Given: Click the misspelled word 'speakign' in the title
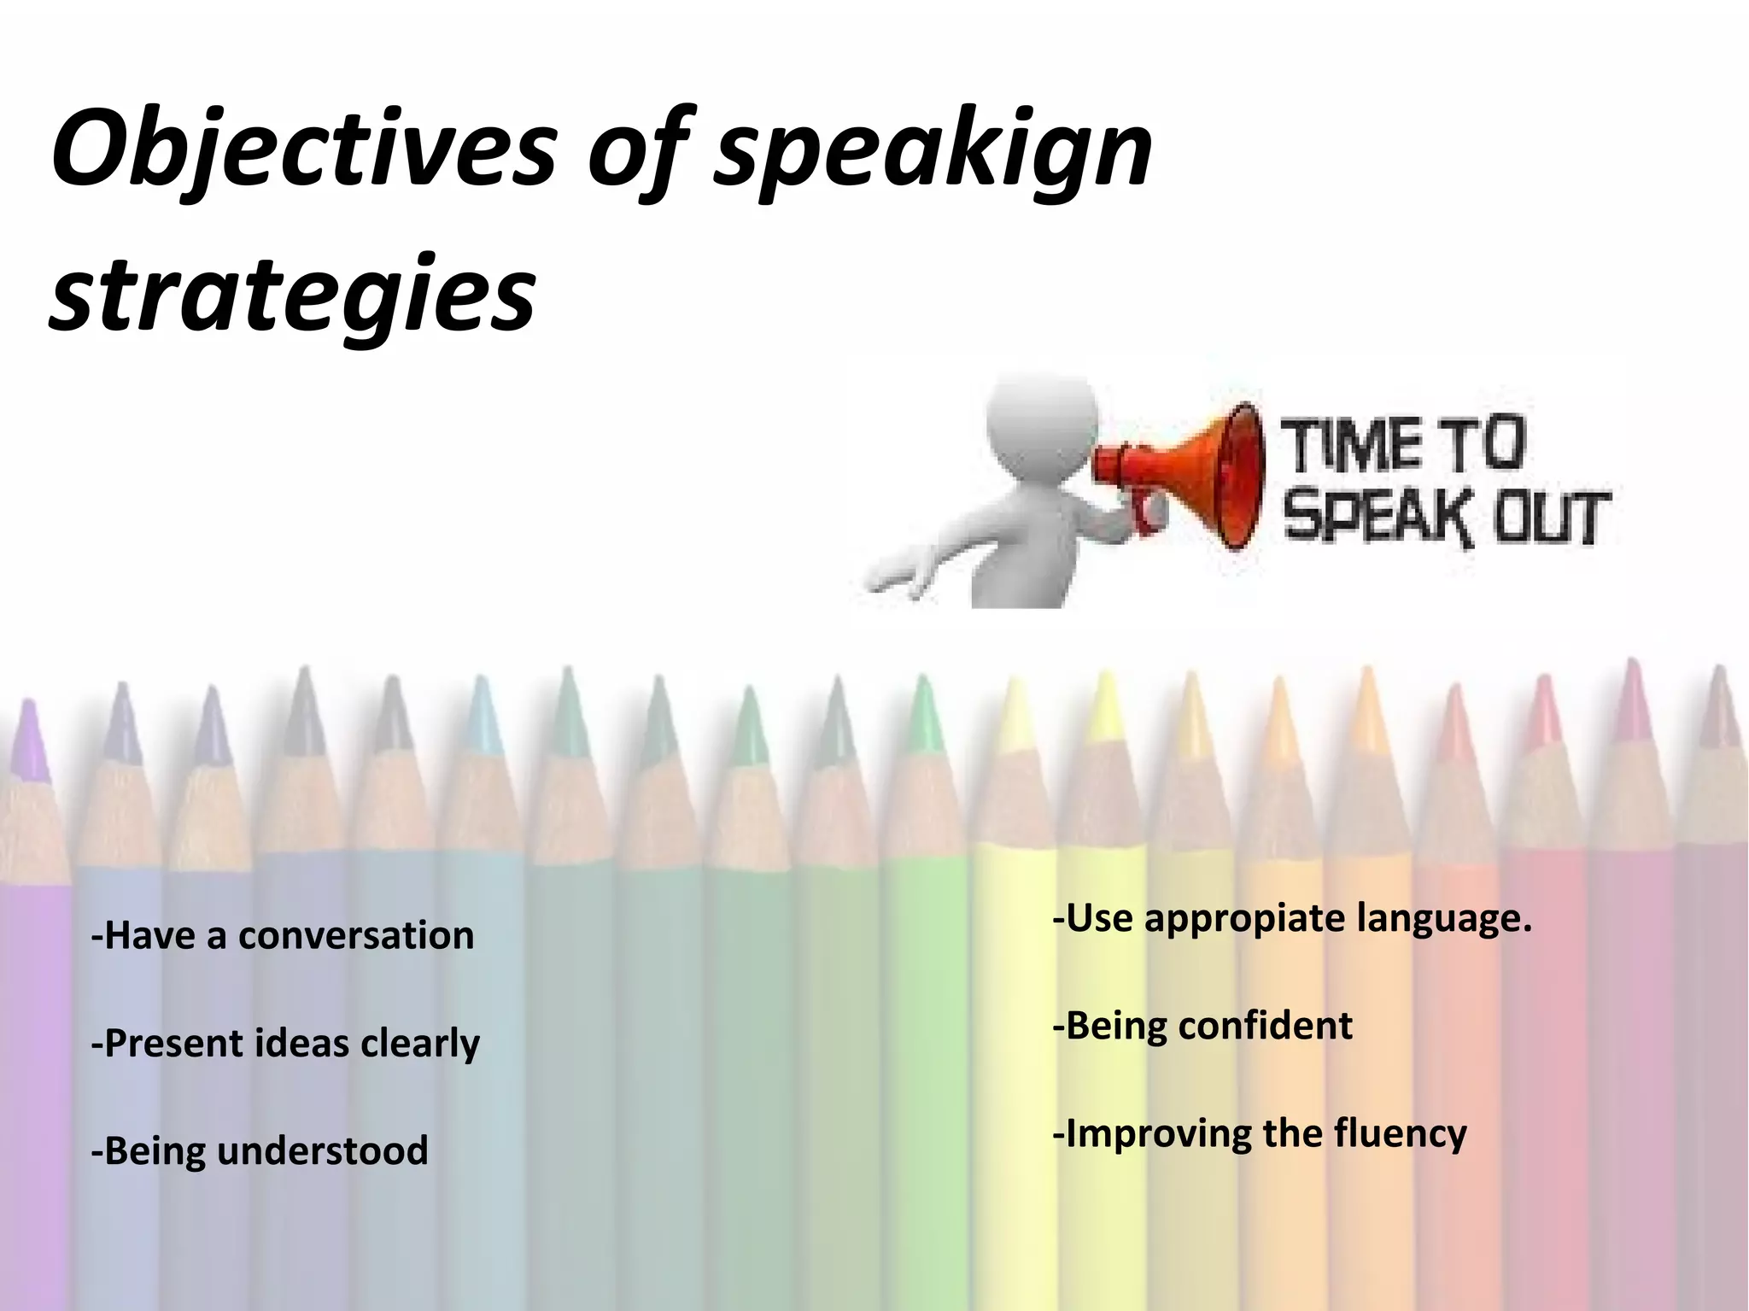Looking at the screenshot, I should click(x=933, y=152).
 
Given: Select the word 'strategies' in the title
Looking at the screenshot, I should click(x=292, y=295).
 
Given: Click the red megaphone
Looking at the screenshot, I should click(x=1187, y=474).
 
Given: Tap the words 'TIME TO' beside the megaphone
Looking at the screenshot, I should click(x=1405, y=444).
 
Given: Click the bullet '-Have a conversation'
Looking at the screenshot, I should click(x=283, y=934).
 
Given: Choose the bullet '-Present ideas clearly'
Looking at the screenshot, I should click(x=285, y=1043).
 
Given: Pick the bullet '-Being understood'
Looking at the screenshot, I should click(x=260, y=1150).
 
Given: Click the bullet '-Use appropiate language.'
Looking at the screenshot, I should click(x=1292, y=918).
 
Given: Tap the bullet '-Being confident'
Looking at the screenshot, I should click(x=1202, y=1025).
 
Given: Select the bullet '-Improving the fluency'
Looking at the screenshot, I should click(x=1260, y=1133).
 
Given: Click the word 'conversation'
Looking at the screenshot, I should click(x=356, y=934).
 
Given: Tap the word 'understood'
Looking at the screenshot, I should click(x=323, y=1150).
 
